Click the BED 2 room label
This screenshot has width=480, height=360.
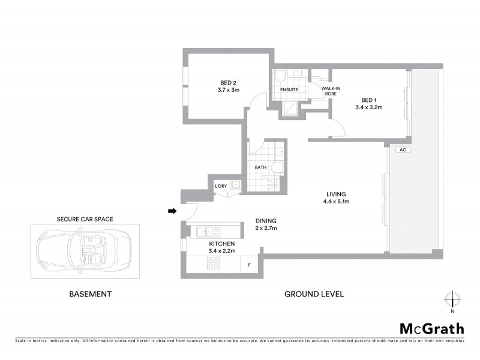(229, 83)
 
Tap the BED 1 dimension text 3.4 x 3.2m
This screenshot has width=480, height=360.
(368, 107)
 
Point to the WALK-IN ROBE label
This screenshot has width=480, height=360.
(331, 91)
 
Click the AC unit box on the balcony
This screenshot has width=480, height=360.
(403, 150)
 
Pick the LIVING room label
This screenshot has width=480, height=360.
(336, 194)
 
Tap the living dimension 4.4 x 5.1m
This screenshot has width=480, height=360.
(336, 202)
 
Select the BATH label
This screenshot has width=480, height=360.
(260, 167)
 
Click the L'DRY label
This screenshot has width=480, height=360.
(221, 187)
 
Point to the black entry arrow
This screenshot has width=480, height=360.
(172, 211)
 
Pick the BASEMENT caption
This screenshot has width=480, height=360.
(91, 294)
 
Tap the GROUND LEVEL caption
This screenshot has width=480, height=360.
(313, 294)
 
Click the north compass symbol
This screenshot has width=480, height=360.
(452, 300)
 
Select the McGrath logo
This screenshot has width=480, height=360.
(431, 328)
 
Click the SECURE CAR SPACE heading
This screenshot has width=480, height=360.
(85, 219)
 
